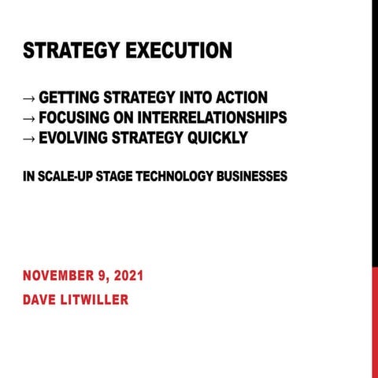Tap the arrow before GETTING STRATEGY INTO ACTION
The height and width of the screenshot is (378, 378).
pos(29,99)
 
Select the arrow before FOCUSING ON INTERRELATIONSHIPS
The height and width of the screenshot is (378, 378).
pos(29,119)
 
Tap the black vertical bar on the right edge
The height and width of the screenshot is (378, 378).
pos(374,134)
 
